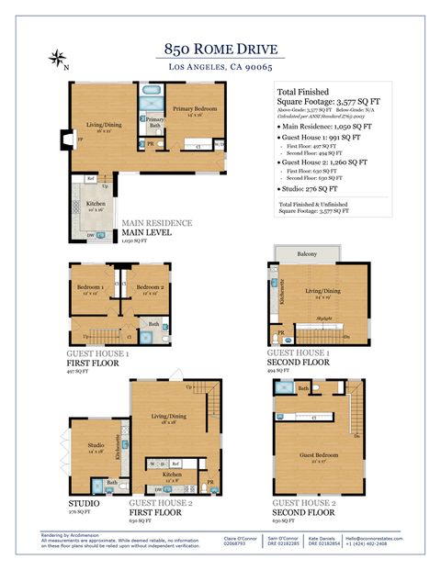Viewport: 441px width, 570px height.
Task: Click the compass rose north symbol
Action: point(57,60)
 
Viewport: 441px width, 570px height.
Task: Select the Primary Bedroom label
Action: point(194,109)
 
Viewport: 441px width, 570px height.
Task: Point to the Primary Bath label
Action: point(155,123)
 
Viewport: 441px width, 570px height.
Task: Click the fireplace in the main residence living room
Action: point(62,140)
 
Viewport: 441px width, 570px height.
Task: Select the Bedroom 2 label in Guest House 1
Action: point(149,287)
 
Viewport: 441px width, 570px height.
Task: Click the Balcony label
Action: point(307,253)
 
